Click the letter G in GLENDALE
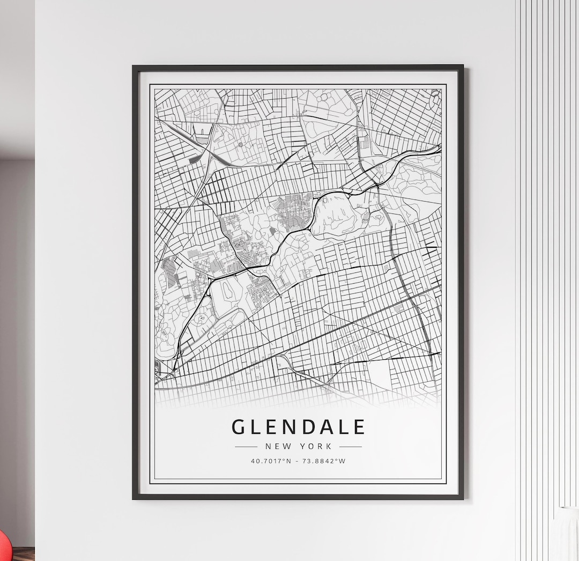239,427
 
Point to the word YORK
317,446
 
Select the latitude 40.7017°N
271,461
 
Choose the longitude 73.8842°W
326,461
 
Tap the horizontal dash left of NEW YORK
246,446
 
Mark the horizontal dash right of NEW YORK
351,446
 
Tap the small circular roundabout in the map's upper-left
241,144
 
